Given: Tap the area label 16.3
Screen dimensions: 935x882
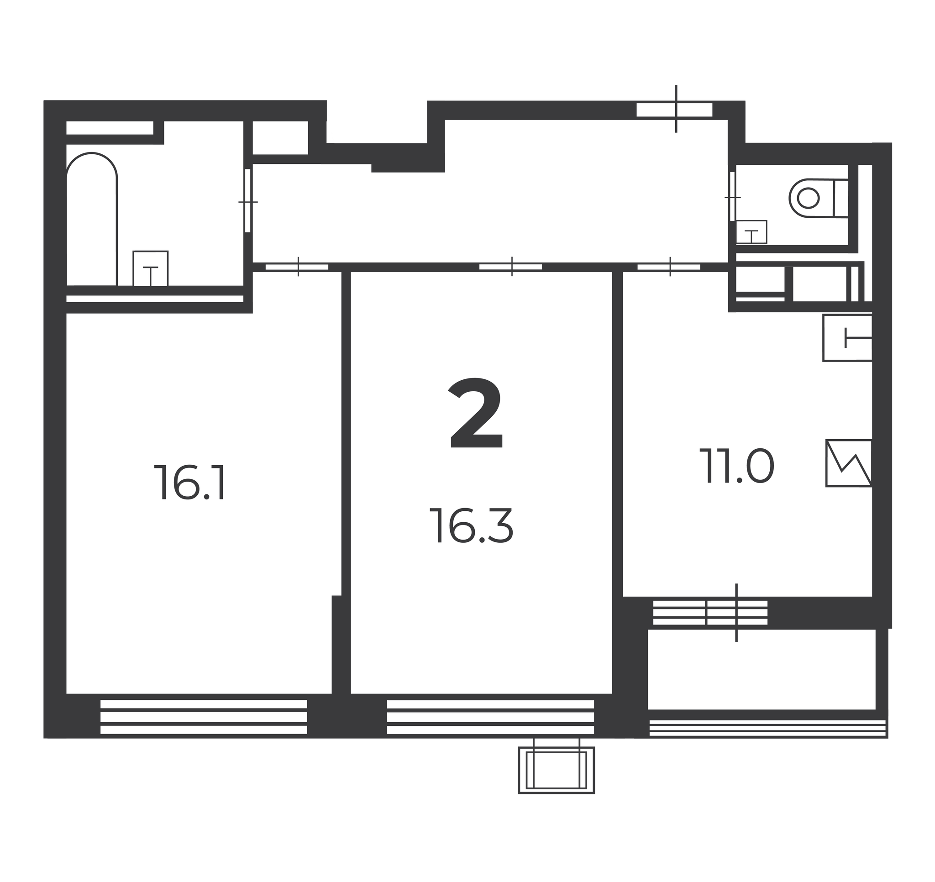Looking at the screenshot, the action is [x=471, y=525].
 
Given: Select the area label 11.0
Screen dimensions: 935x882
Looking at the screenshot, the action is [x=736, y=466].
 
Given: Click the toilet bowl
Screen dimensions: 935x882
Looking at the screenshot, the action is [x=819, y=198].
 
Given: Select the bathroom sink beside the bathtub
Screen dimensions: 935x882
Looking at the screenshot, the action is [x=151, y=268].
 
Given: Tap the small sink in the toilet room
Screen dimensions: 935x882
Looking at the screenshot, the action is [x=751, y=232].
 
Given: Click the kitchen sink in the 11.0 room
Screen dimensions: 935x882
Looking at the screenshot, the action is [x=847, y=338].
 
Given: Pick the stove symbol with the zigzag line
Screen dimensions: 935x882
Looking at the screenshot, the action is [x=849, y=463].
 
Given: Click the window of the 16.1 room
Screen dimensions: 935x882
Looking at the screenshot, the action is [x=204, y=717].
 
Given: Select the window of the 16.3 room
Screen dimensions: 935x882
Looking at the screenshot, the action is [x=490, y=717].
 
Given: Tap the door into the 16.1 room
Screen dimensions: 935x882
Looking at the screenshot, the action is [x=297, y=267].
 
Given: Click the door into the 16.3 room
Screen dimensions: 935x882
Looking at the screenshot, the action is [x=511, y=267].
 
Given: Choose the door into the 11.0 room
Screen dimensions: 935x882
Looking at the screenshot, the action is [x=669, y=267].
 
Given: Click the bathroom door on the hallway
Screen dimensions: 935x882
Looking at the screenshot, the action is [x=248, y=201].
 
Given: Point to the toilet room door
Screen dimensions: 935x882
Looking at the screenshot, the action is [x=732, y=197].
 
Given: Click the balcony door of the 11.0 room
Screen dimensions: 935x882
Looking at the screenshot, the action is [x=736, y=613].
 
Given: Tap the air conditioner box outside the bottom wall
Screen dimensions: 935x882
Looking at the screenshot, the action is [x=557, y=770].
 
